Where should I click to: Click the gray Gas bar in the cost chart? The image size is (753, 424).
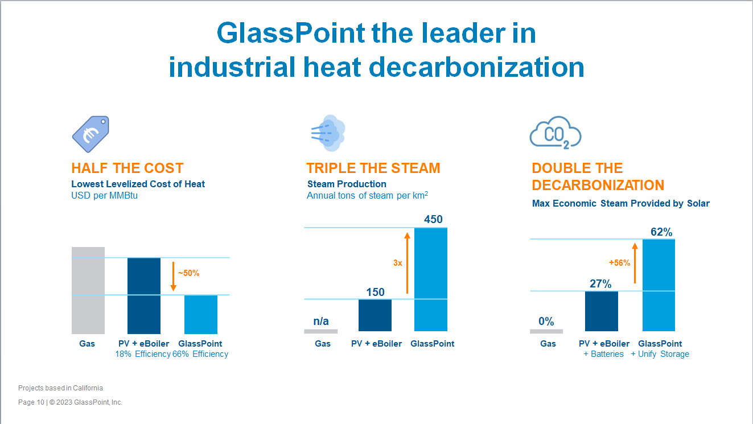[88, 290]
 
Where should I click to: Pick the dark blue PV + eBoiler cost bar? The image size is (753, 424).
[144, 296]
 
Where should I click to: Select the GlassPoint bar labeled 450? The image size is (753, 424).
[431, 279]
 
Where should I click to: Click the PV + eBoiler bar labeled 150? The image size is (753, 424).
[375, 315]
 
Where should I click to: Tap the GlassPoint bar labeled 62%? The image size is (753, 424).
[659, 285]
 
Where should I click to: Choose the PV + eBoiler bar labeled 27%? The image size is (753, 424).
[601, 311]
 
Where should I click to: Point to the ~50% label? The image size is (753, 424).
[188, 273]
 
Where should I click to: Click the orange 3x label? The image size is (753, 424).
[398, 263]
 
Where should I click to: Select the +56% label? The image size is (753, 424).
[619, 263]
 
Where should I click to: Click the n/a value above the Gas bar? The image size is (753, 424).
[321, 321]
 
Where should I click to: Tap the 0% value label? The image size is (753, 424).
[546, 321]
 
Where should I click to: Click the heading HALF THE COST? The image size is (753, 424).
[127, 168]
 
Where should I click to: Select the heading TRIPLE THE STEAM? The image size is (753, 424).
[373, 168]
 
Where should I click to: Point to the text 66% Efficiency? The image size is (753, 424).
[200, 354]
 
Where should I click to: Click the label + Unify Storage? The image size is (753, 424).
[660, 354]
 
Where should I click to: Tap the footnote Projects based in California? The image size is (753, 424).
[60, 388]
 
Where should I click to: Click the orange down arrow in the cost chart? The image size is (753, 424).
[173, 276]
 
